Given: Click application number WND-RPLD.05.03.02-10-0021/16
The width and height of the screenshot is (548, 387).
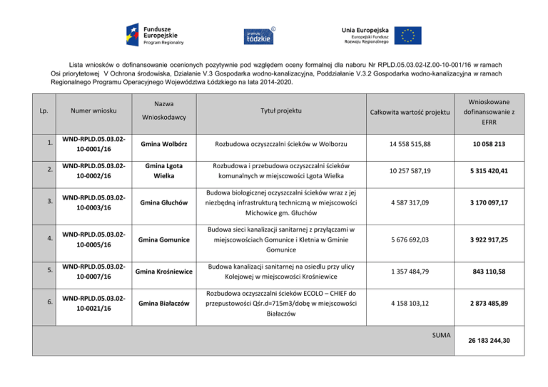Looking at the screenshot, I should (95, 304).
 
